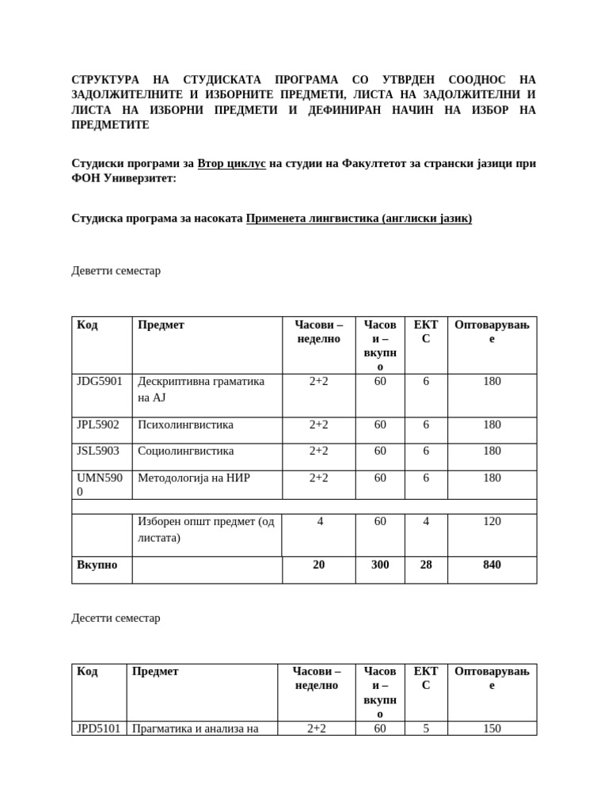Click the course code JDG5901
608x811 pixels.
pyautogui.click(x=100, y=382)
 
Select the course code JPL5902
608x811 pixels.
pyautogui.click(x=98, y=425)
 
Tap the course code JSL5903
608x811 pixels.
pyautogui.click(x=98, y=451)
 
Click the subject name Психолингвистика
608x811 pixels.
pyautogui.click(x=185, y=425)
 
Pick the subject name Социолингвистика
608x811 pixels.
pyautogui.click(x=185, y=451)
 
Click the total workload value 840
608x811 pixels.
pyautogui.click(x=492, y=565)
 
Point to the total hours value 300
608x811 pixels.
pyautogui.click(x=380, y=565)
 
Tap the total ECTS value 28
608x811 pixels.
pyautogui.click(x=426, y=565)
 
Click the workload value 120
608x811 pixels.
pyautogui.click(x=492, y=522)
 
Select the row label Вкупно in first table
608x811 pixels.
pyautogui.click(x=97, y=565)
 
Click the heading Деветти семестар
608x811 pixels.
pyautogui.click(x=116, y=271)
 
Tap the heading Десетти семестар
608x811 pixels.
pyautogui.click(x=116, y=618)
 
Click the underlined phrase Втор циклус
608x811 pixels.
pyautogui.click(x=231, y=164)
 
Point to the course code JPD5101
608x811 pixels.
pyautogui.click(x=98, y=729)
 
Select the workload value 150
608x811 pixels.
pyautogui.click(x=492, y=729)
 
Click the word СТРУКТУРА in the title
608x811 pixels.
pyautogui.click(x=105, y=80)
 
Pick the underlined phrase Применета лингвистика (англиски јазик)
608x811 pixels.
pyautogui.click(x=359, y=218)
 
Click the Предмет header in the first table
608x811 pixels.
pyautogui.click(x=161, y=325)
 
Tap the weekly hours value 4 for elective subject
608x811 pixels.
pyautogui.click(x=319, y=522)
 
